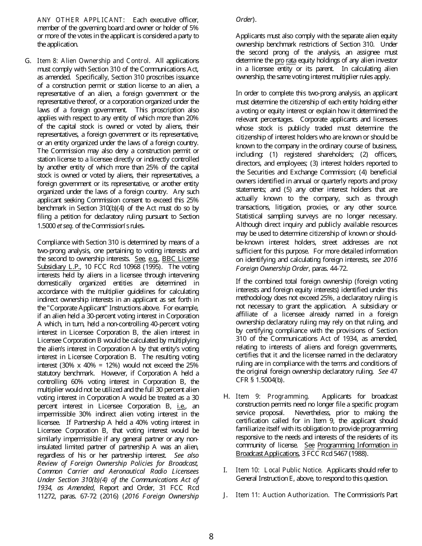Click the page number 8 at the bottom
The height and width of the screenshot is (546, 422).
pyautogui.click(x=211, y=536)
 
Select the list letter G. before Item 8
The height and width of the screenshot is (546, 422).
pyautogui.click(x=28, y=61)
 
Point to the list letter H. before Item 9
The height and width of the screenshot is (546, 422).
pyautogui.click(x=227, y=396)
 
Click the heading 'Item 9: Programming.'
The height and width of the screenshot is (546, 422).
pyautogui.click(x=272, y=396)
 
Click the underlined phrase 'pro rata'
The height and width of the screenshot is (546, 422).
pyautogui.click(x=285, y=60)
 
